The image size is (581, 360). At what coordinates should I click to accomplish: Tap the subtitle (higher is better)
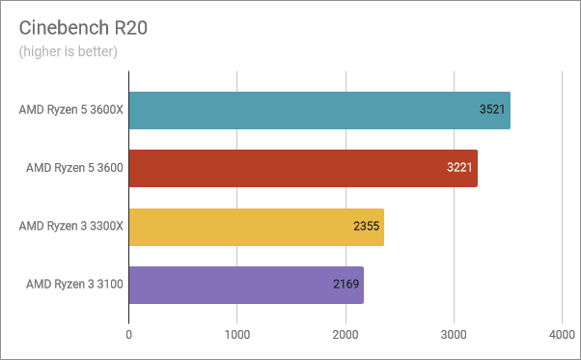point(68,51)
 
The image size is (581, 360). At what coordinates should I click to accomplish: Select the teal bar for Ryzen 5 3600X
point(318,110)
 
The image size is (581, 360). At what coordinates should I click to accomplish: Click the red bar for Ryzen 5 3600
point(302,168)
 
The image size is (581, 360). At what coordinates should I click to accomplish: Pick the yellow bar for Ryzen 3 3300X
point(256,227)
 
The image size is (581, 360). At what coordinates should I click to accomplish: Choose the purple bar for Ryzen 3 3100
point(246,285)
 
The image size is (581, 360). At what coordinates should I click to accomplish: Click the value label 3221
point(460,168)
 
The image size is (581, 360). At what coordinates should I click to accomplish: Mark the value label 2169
point(346,285)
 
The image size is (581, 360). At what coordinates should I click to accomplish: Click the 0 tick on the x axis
point(129,334)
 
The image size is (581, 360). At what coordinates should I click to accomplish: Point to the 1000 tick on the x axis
point(237,334)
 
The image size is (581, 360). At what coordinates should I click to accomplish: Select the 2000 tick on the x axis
point(346,334)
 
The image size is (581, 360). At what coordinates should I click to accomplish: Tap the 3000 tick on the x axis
point(454,334)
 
